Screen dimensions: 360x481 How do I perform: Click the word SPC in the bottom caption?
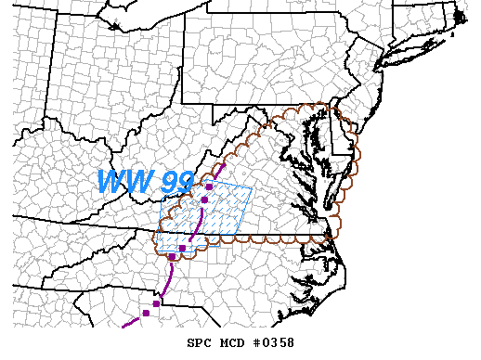tap(200, 343)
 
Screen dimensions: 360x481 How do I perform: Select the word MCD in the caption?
tap(233, 343)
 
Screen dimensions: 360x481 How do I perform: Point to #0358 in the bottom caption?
tap(274, 343)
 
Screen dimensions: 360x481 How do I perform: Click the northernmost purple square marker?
tap(210, 186)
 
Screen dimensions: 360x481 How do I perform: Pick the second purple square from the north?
tap(203, 199)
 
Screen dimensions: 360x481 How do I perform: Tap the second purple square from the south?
tap(156, 303)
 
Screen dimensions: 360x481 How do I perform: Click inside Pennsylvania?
tap(269, 74)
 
